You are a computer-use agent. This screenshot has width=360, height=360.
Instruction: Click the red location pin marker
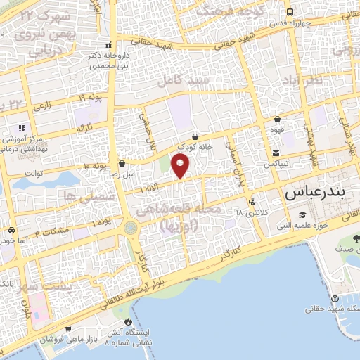[181, 167]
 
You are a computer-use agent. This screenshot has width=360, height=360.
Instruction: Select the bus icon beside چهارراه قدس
[290, 12]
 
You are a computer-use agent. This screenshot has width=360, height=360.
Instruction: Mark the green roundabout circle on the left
[131, 228]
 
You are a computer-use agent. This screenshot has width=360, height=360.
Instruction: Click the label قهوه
[278, 130]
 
